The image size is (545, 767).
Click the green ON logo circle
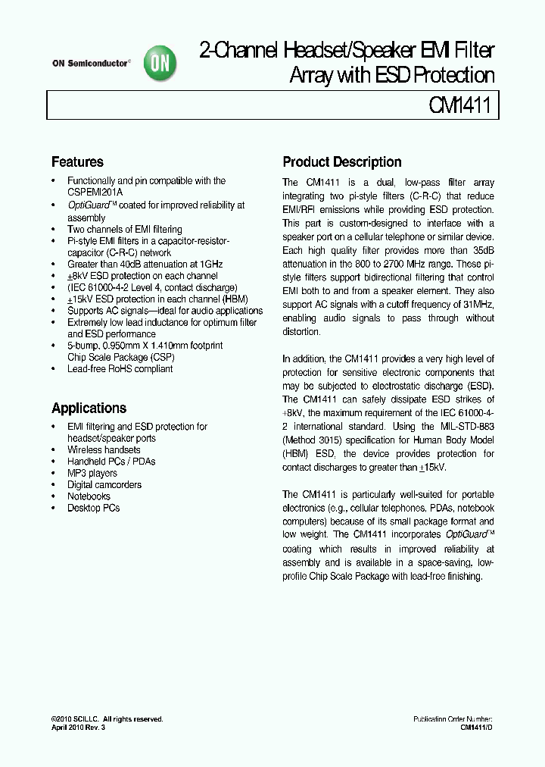[x=161, y=63]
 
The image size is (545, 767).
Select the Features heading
[x=77, y=162]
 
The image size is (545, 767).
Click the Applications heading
[x=89, y=409]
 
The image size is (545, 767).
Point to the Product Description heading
[x=341, y=162]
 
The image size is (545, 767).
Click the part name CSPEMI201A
[x=98, y=193]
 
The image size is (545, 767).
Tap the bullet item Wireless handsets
[x=104, y=450]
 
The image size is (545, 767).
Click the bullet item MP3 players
[x=92, y=473]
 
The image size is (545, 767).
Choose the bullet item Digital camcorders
[x=104, y=485]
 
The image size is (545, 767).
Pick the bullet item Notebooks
[x=89, y=496]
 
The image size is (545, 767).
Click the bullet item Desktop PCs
[x=93, y=508]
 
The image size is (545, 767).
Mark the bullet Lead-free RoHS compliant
[x=120, y=369]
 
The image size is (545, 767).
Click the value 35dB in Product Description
[x=481, y=249]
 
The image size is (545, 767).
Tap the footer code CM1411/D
[x=477, y=727]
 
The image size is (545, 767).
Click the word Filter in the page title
[x=475, y=52]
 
